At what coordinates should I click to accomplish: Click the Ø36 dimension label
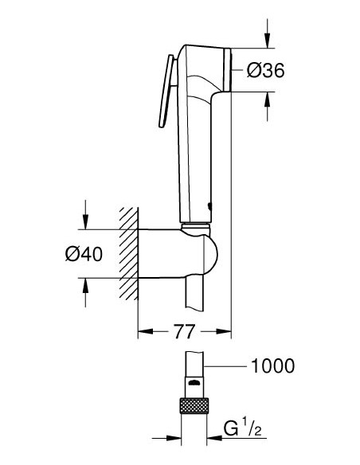click(x=265, y=70)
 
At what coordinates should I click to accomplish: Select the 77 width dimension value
click(x=184, y=330)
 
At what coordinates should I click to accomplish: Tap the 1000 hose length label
click(x=272, y=366)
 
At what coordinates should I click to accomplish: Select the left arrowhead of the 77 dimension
click(x=144, y=330)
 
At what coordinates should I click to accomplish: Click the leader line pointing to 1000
click(x=227, y=366)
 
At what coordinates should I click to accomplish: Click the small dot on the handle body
click(x=209, y=205)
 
